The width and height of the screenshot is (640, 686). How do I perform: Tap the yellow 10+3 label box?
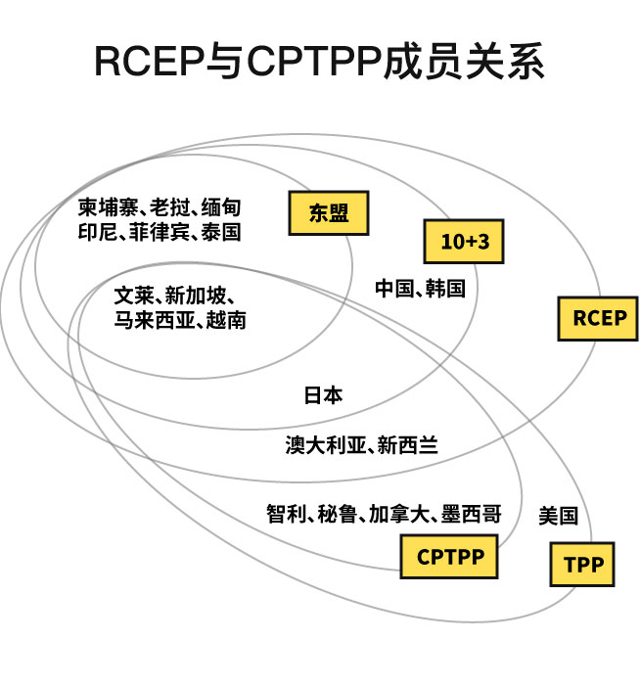[x=464, y=242]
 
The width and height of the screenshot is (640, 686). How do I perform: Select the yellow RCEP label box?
[x=598, y=318]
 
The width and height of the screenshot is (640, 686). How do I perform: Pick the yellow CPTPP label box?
[x=449, y=557]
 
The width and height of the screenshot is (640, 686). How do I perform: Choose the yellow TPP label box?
[x=582, y=565]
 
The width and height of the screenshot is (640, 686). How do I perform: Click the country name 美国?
[x=558, y=516]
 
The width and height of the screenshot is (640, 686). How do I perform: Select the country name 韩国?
[x=445, y=289]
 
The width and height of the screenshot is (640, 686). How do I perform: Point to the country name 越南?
[x=226, y=320]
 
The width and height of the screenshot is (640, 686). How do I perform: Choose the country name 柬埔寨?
[x=109, y=208]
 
